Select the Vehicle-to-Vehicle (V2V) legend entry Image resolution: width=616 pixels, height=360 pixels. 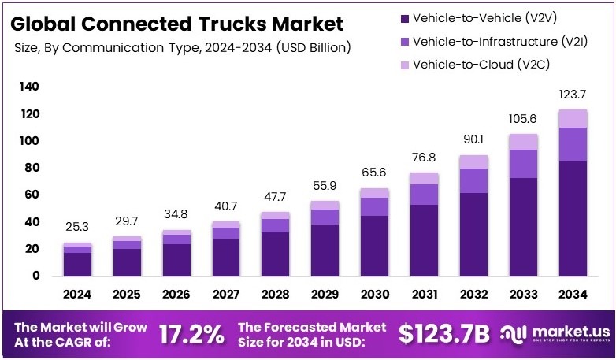click(480, 17)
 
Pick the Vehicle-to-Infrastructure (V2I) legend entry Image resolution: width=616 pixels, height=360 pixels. click(496, 41)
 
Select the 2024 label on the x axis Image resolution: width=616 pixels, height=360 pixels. click(77, 294)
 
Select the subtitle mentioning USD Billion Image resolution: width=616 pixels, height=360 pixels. click(183, 48)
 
